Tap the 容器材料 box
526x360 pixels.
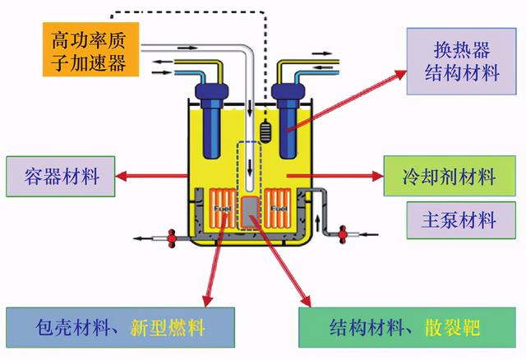(x=58, y=176)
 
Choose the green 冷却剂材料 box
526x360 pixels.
(x=449, y=176)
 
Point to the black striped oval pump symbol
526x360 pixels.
(x=265, y=131)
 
